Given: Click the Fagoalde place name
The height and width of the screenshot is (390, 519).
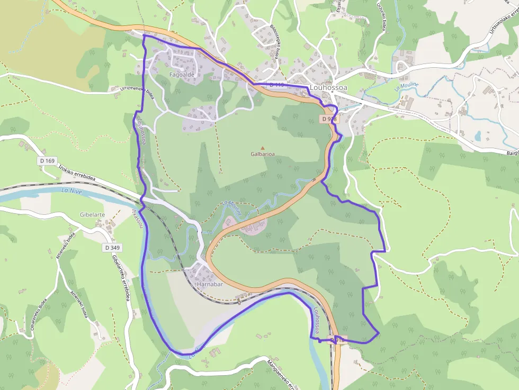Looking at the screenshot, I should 182,75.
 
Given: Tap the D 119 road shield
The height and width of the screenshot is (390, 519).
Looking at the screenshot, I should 276,85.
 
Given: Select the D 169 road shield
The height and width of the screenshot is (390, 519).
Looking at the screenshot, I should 47,160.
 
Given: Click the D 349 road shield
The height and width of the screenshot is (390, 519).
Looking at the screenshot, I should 112,247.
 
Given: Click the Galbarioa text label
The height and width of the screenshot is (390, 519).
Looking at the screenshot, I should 263,154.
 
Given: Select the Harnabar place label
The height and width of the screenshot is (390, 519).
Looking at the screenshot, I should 209,284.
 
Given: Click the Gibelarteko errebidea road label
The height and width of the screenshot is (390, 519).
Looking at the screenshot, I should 121,278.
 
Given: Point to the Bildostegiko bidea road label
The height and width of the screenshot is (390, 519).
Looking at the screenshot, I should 275,42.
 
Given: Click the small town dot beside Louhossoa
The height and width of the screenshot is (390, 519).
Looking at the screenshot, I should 332,92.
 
